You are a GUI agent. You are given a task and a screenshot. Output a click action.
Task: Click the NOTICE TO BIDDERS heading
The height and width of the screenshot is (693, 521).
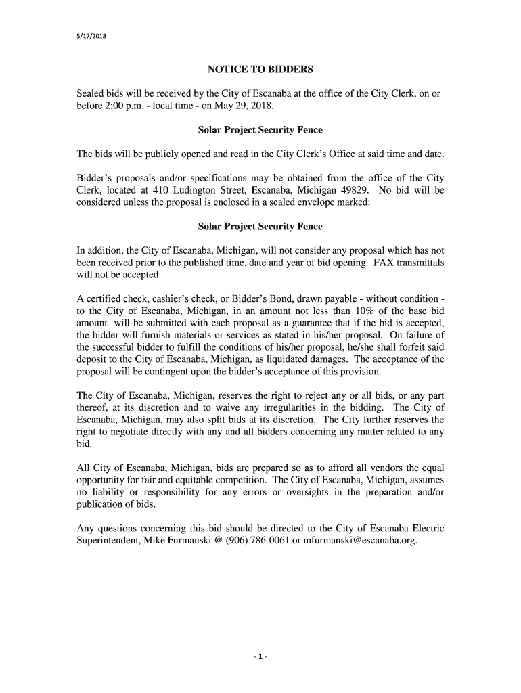pyautogui.click(x=260, y=70)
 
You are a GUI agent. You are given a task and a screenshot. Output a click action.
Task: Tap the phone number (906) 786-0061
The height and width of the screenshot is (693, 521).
pyautogui.click(x=250, y=540)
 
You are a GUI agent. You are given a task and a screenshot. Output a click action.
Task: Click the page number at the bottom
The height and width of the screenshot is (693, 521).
pyautogui.click(x=260, y=657)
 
